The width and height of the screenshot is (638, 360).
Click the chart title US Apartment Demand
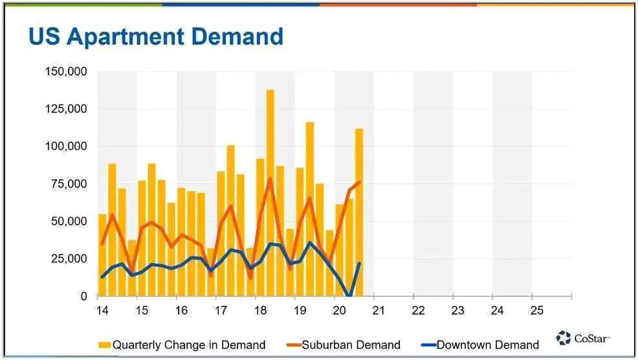click(156, 37)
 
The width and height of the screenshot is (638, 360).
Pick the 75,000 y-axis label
click(69, 184)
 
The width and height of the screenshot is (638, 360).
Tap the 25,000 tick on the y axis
click(69, 259)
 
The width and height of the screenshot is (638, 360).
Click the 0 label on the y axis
click(83, 296)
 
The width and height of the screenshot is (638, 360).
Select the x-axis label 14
click(102, 311)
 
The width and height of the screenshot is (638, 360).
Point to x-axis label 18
click(260, 311)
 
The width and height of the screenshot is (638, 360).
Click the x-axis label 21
click(379, 311)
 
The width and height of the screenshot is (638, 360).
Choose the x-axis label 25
click(536, 311)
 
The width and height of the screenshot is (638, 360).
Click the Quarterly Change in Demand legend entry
click(182, 345)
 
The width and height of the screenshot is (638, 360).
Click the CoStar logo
click(583, 338)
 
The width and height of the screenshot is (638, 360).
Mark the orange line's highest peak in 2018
click(270, 178)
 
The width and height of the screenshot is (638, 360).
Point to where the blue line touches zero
click(349, 295)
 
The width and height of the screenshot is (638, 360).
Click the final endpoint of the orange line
click(360, 182)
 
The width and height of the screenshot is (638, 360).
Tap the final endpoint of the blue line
click(360, 263)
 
